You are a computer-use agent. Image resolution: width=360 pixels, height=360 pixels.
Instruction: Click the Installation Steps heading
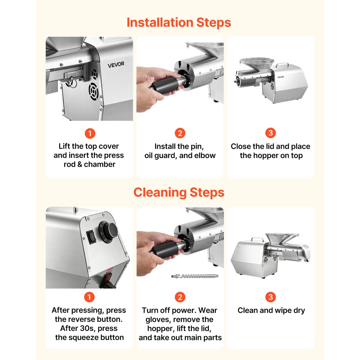click(179, 23)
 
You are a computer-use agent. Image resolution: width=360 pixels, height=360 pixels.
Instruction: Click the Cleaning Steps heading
click(179, 192)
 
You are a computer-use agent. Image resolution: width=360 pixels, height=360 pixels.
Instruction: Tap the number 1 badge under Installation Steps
click(90, 134)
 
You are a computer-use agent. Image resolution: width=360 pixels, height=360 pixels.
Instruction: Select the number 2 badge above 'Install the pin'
click(180, 133)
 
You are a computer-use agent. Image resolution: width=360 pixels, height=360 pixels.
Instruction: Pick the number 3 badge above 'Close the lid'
click(270, 133)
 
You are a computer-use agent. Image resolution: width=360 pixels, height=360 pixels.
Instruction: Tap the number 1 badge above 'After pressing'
click(90, 297)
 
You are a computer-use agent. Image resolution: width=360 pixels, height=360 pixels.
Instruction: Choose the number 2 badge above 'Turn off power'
click(180, 297)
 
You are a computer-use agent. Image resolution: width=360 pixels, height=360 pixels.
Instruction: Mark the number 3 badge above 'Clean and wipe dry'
click(270, 297)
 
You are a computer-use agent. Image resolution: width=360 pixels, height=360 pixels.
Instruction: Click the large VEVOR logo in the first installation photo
click(116, 64)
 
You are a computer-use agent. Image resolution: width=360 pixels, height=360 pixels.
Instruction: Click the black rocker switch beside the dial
click(92, 236)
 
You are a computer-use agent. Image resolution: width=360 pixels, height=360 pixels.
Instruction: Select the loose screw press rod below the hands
click(195, 276)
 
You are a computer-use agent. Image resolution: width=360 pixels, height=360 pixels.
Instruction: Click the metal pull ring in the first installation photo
click(73, 83)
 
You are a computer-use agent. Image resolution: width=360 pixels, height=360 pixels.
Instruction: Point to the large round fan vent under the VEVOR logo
click(94, 91)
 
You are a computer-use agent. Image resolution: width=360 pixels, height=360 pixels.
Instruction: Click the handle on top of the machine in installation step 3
click(282, 64)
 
